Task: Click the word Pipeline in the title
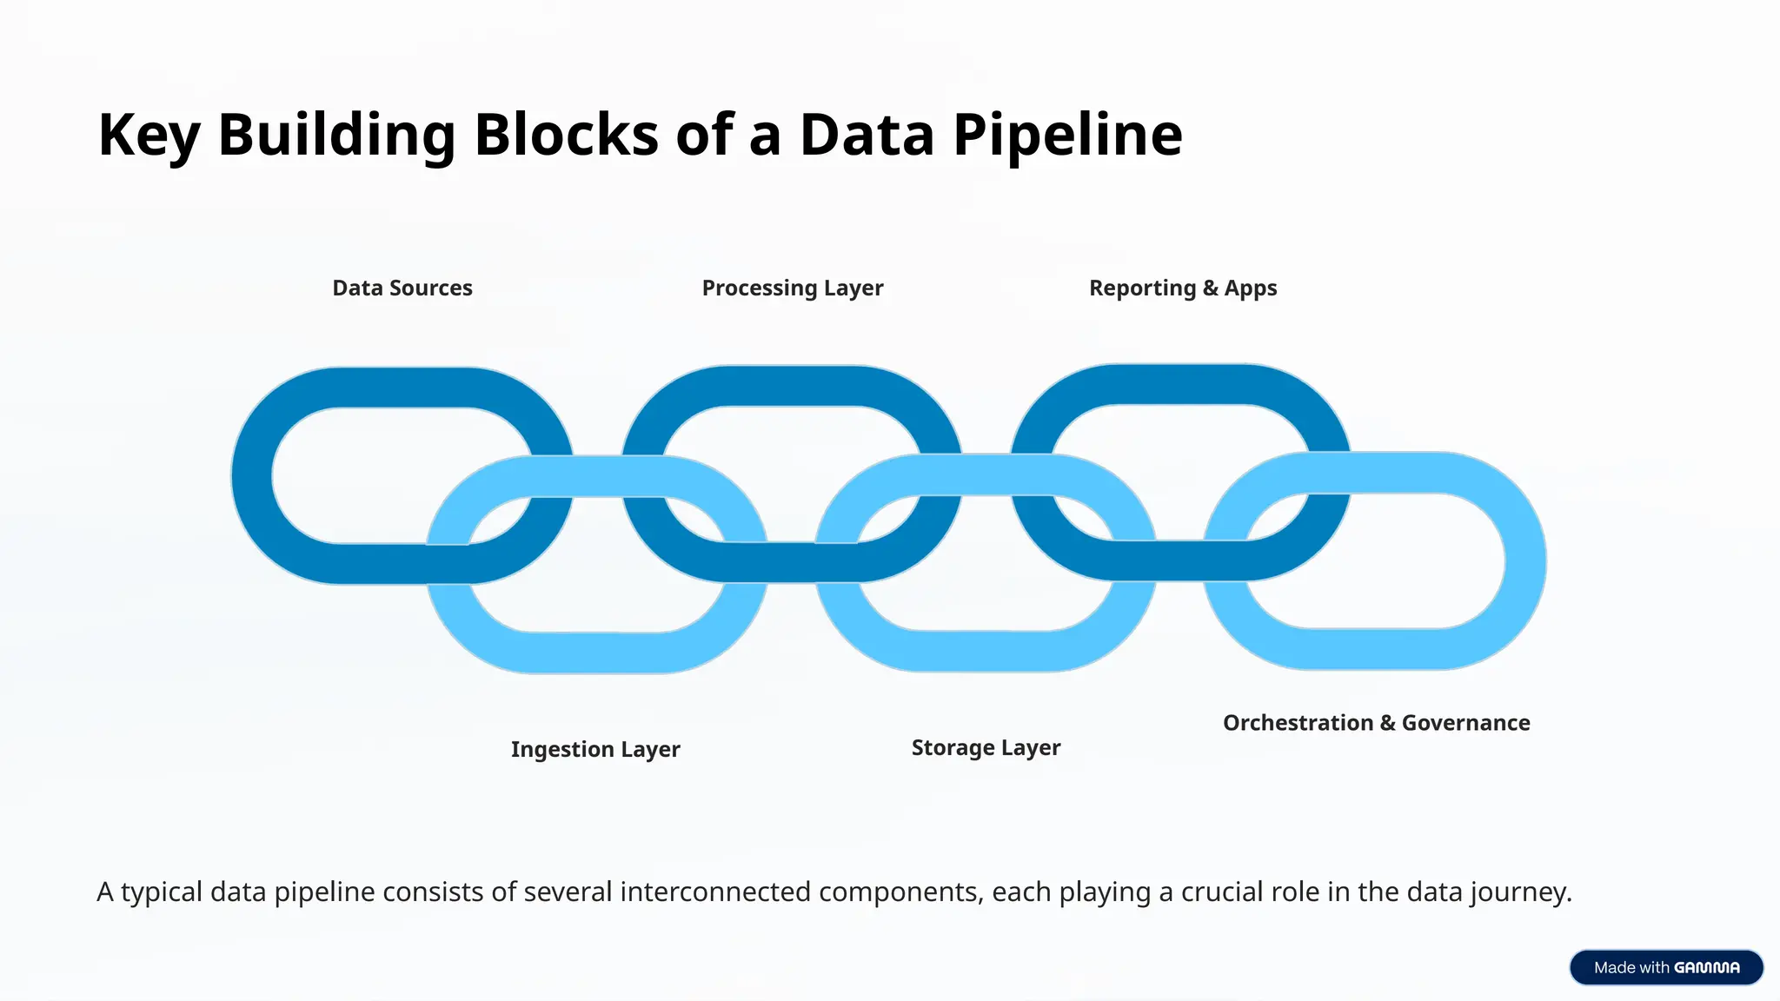click(1067, 136)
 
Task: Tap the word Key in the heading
click(149, 136)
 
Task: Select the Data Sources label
click(402, 288)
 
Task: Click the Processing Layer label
click(792, 288)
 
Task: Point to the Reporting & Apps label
click(1183, 288)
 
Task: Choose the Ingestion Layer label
click(595, 749)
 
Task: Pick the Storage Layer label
click(986, 747)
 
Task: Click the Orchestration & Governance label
click(1376, 723)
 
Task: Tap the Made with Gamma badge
click(1665, 967)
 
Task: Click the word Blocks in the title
click(566, 136)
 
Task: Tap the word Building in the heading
click(336, 136)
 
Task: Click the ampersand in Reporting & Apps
click(1210, 288)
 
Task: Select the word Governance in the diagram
click(1465, 723)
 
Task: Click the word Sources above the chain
click(430, 288)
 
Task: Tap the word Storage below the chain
click(953, 747)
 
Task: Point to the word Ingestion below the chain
click(561, 749)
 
